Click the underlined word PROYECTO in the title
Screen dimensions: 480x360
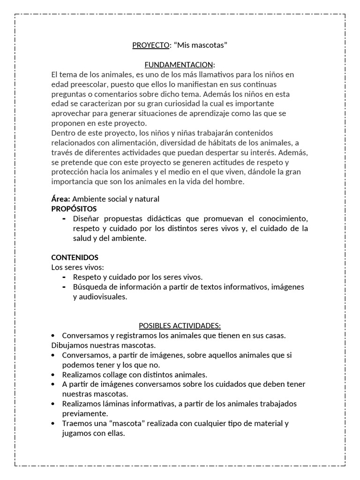[150, 45]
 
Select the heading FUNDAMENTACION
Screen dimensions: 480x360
[179, 65]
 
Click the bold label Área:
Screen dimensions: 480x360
[60, 199]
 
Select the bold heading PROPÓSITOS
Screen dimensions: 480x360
[74, 209]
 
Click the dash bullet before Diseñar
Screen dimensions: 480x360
[64, 219]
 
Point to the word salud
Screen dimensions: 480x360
[82, 238]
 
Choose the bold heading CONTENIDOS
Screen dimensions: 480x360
[75, 258]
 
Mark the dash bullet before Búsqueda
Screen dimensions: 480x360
[64, 287]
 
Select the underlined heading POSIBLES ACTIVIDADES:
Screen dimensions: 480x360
[180, 326]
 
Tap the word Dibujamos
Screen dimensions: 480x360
[68, 345]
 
